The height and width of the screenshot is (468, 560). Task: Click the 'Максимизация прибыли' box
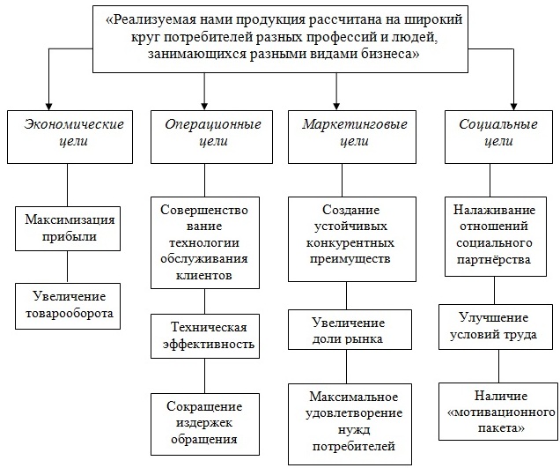[68, 227]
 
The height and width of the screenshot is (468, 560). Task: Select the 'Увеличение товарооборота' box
[68, 304]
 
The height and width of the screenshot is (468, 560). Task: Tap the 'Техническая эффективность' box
[204, 335]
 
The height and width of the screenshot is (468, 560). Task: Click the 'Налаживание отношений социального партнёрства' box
[492, 234]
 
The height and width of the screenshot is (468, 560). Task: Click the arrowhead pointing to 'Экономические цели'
[50, 101]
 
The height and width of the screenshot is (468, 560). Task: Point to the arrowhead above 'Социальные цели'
[513, 101]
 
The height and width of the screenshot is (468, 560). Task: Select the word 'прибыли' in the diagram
[68, 235]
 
